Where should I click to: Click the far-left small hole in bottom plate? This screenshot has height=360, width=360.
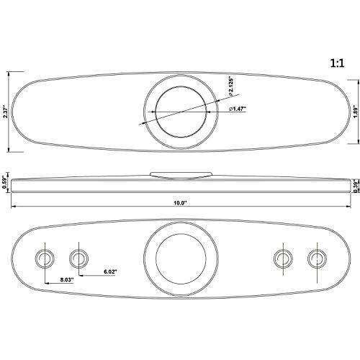[45, 257]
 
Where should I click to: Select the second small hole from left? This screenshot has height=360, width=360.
[78, 257]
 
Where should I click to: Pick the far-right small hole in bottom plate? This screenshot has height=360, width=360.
[315, 257]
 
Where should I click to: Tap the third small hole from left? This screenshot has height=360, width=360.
[283, 257]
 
